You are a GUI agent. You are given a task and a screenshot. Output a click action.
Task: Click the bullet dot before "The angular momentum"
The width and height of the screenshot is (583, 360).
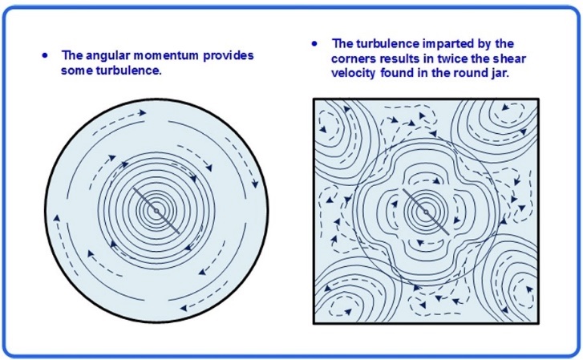46,55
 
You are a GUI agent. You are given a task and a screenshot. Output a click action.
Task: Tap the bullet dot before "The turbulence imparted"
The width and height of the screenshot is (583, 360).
315,43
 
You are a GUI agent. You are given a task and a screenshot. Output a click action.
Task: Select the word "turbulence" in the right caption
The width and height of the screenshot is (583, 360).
385,43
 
